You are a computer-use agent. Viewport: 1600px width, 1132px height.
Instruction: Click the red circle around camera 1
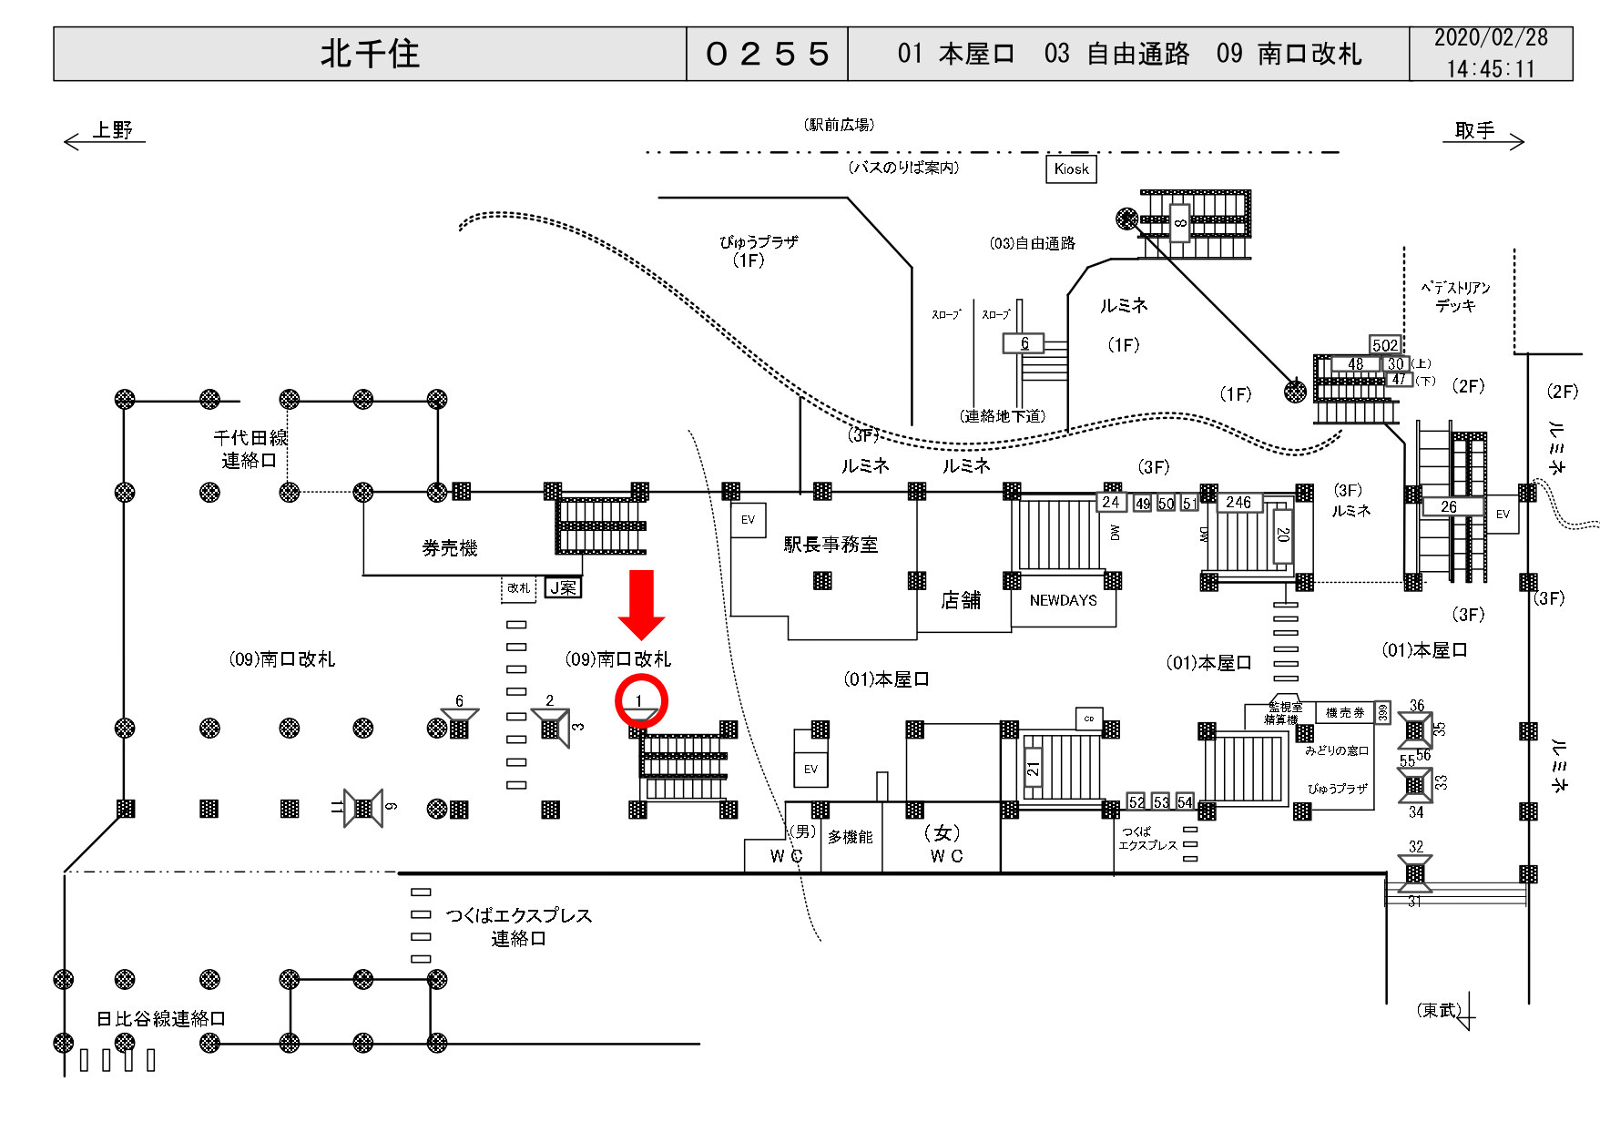(641, 701)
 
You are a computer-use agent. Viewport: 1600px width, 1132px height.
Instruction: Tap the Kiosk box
(1071, 168)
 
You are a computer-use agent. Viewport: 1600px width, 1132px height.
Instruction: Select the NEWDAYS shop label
(1063, 600)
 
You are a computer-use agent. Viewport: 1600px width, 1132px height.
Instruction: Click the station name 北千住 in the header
(370, 54)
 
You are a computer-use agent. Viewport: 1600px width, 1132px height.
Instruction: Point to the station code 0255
(767, 54)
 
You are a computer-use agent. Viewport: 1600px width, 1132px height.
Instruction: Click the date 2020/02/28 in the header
(1491, 38)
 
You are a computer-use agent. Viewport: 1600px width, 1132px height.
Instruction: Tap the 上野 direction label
(113, 130)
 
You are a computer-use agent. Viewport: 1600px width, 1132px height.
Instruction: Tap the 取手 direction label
(1474, 130)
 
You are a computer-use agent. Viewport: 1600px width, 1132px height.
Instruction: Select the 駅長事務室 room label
(831, 545)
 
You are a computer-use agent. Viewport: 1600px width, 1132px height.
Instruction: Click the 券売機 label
(450, 548)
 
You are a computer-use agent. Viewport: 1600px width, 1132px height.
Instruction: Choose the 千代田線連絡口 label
(250, 449)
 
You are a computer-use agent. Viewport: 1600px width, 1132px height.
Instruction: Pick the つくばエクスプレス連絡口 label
(518, 926)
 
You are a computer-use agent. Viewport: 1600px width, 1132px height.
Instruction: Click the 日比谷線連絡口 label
(161, 1018)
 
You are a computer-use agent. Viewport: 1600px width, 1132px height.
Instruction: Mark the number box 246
(1238, 502)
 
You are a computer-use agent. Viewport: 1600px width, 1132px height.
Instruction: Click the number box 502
(1385, 345)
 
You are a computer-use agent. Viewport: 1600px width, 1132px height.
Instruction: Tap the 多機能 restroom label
(850, 837)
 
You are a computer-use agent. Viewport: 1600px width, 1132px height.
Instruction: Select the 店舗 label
(961, 600)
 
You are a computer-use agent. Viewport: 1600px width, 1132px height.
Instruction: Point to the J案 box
(563, 588)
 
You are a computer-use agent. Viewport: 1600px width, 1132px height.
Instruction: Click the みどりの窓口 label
(1337, 750)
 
